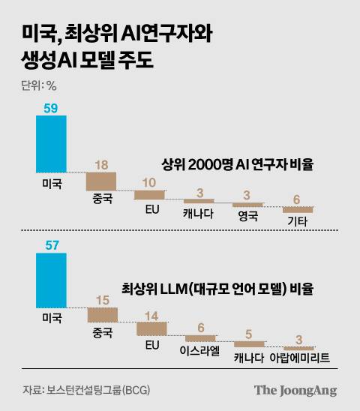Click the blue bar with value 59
(x=51, y=145)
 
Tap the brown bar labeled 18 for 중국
(x=101, y=181)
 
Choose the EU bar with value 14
(x=151, y=328)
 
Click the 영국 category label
(x=248, y=216)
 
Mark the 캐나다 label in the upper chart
(x=199, y=212)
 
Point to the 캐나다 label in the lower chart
(x=249, y=355)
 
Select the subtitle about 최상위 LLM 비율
(x=217, y=287)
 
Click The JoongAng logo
(x=295, y=390)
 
